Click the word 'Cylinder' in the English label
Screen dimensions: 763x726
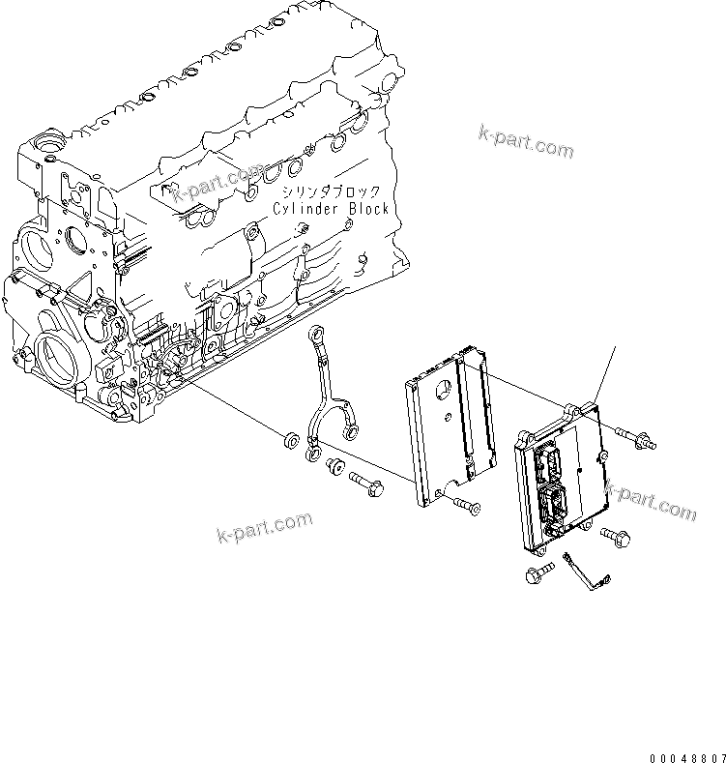pos(305,209)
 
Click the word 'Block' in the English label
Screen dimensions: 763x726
pos(367,209)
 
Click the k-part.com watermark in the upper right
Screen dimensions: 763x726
pos(525,141)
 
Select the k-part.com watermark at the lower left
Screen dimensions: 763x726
pos(265,528)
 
